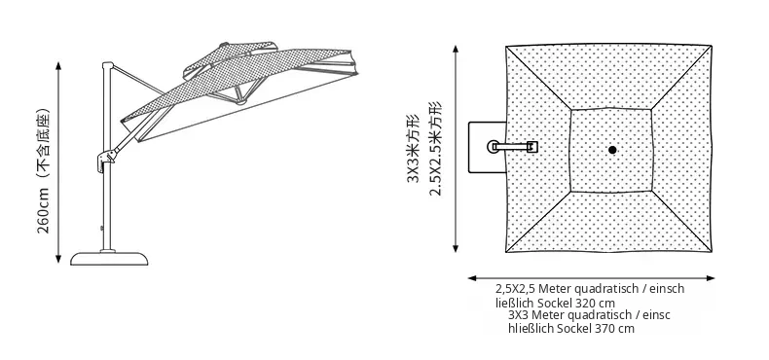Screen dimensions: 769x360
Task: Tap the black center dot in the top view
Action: [612, 150]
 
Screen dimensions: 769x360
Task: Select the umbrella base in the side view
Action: [109, 259]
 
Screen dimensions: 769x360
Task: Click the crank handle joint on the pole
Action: [106, 160]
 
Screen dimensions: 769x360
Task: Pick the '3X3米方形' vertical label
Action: [413, 148]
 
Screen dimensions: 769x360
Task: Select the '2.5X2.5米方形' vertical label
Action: [435, 148]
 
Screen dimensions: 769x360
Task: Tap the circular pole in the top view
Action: [493, 147]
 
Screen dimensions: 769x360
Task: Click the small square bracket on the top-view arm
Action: [532, 147]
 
